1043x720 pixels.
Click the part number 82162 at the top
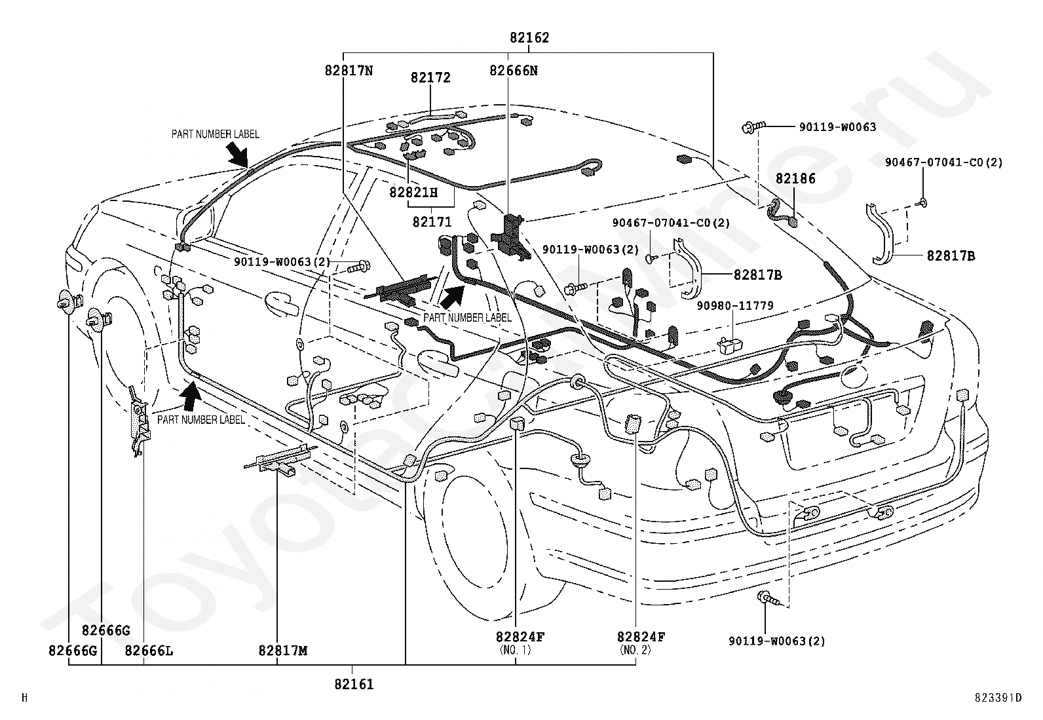click(529, 38)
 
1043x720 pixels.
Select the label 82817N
click(349, 71)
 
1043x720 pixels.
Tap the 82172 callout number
click(430, 78)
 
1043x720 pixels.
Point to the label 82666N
click(514, 71)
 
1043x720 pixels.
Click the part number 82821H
click(413, 193)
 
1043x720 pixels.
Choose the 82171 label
click(432, 222)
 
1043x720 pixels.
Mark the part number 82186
click(795, 179)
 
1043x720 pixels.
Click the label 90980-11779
click(735, 306)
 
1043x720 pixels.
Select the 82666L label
click(149, 651)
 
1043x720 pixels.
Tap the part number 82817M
click(283, 651)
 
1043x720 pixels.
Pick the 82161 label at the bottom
click(354, 684)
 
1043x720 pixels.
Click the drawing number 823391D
click(998, 698)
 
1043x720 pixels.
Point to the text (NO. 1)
click(516, 650)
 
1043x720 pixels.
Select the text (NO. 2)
click(635, 650)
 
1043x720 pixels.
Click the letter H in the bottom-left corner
click(25, 698)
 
